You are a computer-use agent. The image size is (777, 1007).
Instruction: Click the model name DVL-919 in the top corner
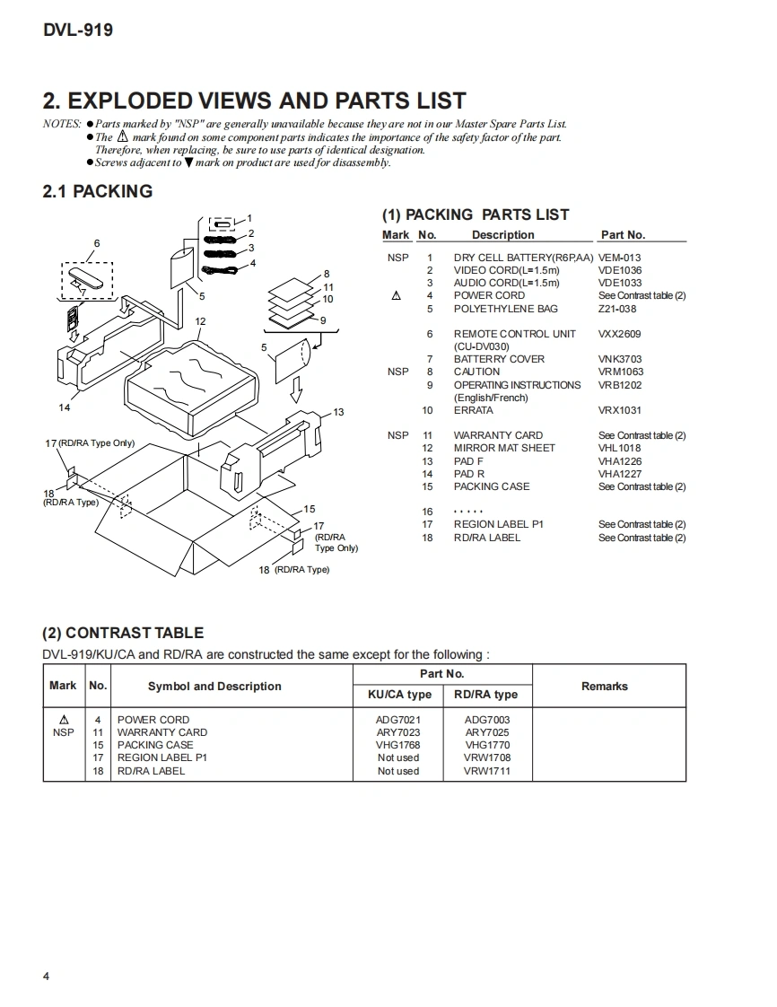(78, 31)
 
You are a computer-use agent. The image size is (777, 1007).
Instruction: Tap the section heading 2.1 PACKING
(98, 191)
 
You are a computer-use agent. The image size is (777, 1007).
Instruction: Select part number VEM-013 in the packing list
(619, 258)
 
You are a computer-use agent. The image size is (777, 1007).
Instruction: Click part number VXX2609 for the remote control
(619, 334)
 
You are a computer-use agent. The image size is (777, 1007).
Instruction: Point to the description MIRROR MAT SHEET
(503, 448)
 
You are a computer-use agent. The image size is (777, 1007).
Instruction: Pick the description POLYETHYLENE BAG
(505, 309)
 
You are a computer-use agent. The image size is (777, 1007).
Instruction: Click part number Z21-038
(617, 309)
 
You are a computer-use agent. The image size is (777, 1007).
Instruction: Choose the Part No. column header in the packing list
(623, 235)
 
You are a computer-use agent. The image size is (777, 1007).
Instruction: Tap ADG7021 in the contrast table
(398, 720)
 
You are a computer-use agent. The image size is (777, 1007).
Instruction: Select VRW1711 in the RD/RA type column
(487, 771)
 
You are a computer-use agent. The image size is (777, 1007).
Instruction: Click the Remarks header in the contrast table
(604, 687)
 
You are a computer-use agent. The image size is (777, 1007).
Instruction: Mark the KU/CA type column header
(399, 695)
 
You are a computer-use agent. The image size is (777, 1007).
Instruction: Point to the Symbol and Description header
(214, 687)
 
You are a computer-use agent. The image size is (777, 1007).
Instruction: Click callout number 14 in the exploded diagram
(65, 407)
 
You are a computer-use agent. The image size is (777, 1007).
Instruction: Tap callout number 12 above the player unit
(200, 321)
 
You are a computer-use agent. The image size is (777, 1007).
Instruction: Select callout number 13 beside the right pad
(338, 412)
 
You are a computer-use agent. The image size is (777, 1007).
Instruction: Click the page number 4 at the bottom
(46, 976)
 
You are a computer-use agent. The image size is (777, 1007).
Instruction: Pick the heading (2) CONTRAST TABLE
(123, 633)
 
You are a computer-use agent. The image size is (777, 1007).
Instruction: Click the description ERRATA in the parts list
(473, 410)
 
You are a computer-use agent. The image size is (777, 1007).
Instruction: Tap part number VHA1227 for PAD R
(620, 474)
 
